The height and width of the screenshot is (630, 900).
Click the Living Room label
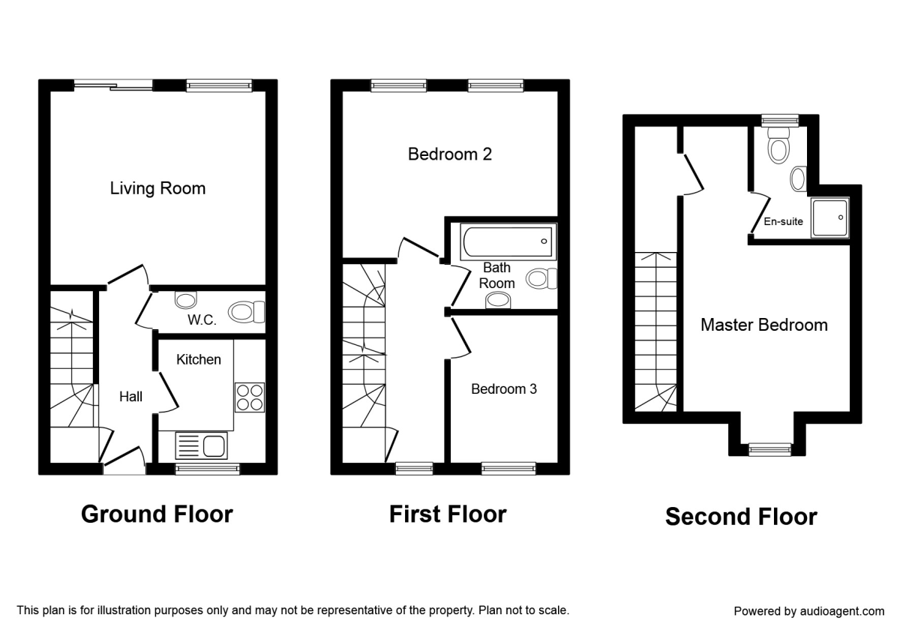(x=157, y=188)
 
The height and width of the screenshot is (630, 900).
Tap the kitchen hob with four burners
(x=250, y=397)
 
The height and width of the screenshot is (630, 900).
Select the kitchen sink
(x=201, y=445)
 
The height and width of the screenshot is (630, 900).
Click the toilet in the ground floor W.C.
(x=247, y=312)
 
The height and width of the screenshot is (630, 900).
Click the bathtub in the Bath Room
(x=508, y=241)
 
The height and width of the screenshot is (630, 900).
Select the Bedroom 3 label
(x=503, y=389)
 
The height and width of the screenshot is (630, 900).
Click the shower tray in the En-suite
(x=829, y=217)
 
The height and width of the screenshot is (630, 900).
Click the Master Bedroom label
(x=763, y=325)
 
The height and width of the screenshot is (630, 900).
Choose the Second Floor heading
(x=741, y=517)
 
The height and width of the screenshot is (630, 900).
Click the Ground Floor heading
(x=157, y=514)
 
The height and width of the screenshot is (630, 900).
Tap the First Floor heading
(x=448, y=514)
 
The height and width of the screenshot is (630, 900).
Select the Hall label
(x=131, y=397)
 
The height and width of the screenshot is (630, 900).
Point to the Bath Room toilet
(x=541, y=279)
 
